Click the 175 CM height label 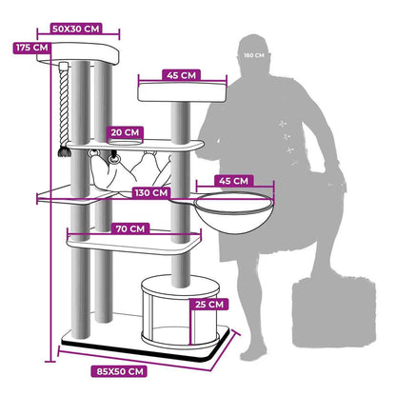[x=31, y=48]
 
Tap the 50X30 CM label [x=76, y=29]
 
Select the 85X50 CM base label [x=119, y=371]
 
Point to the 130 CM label [x=151, y=192]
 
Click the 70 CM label [x=130, y=228]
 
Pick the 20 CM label [x=125, y=132]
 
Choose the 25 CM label [x=209, y=305]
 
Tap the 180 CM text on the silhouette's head [x=254, y=55]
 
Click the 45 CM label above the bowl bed [x=233, y=181]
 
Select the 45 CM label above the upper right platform [x=181, y=75]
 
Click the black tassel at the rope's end [x=64, y=151]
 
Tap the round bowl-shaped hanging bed [x=233, y=212]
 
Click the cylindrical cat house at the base [x=180, y=312]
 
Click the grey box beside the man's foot [x=334, y=311]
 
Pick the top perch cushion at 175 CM [x=78, y=52]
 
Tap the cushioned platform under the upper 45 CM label [x=182, y=92]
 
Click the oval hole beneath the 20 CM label [x=125, y=142]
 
